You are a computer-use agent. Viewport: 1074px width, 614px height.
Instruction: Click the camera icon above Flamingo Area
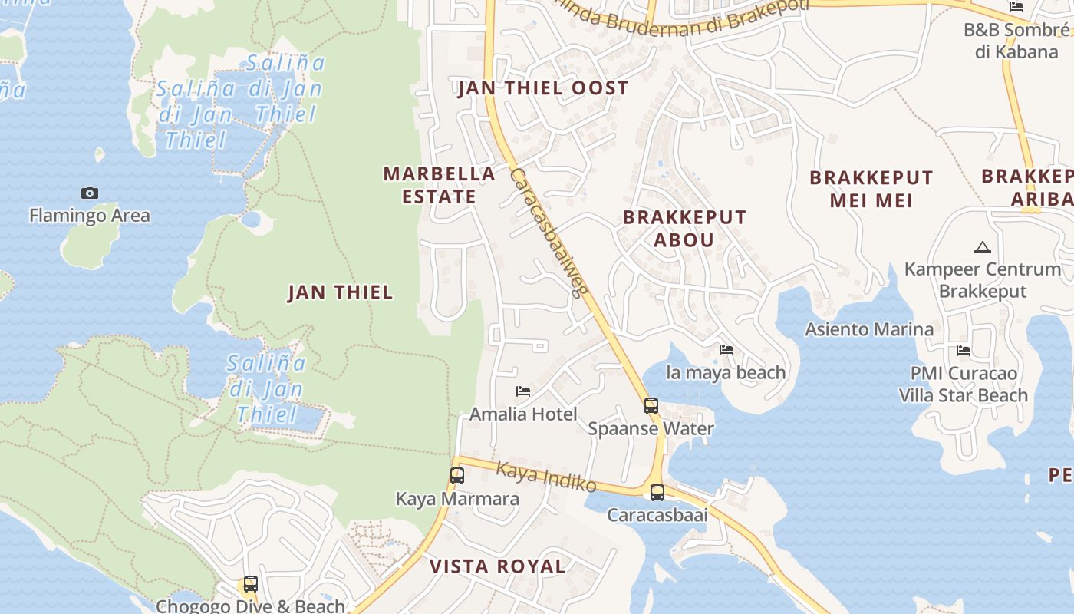(90, 193)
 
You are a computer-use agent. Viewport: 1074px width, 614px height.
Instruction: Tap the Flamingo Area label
(90, 216)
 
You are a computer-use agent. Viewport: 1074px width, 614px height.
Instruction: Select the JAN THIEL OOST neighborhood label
(543, 88)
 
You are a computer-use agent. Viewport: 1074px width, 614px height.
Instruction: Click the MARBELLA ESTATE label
(439, 185)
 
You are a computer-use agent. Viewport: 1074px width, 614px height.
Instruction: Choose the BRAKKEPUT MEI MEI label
(871, 189)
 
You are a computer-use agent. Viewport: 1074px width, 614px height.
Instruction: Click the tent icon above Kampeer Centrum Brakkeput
(982, 248)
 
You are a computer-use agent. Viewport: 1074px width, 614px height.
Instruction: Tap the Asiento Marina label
(868, 329)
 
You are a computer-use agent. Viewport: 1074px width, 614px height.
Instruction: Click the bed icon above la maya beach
(726, 350)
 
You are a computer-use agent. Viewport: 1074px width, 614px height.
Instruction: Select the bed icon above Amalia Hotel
(523, 391)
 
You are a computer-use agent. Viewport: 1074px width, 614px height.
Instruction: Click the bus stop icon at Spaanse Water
(651, 406)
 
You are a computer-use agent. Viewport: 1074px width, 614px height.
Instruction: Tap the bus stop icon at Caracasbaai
(657, 493)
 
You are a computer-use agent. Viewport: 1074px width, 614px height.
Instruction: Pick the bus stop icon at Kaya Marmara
(457, 476)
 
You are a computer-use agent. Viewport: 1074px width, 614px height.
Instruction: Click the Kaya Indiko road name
(545, 476)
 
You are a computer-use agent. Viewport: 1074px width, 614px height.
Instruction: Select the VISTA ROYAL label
(497, 566)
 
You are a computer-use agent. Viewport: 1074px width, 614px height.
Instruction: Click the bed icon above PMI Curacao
(964, 351)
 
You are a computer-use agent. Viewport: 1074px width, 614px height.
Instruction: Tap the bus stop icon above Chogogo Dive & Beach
(250, 584)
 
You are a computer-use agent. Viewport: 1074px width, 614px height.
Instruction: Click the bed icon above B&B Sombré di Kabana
(1016, 7)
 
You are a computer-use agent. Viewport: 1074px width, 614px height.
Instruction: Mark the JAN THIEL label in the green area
(340, 292)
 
